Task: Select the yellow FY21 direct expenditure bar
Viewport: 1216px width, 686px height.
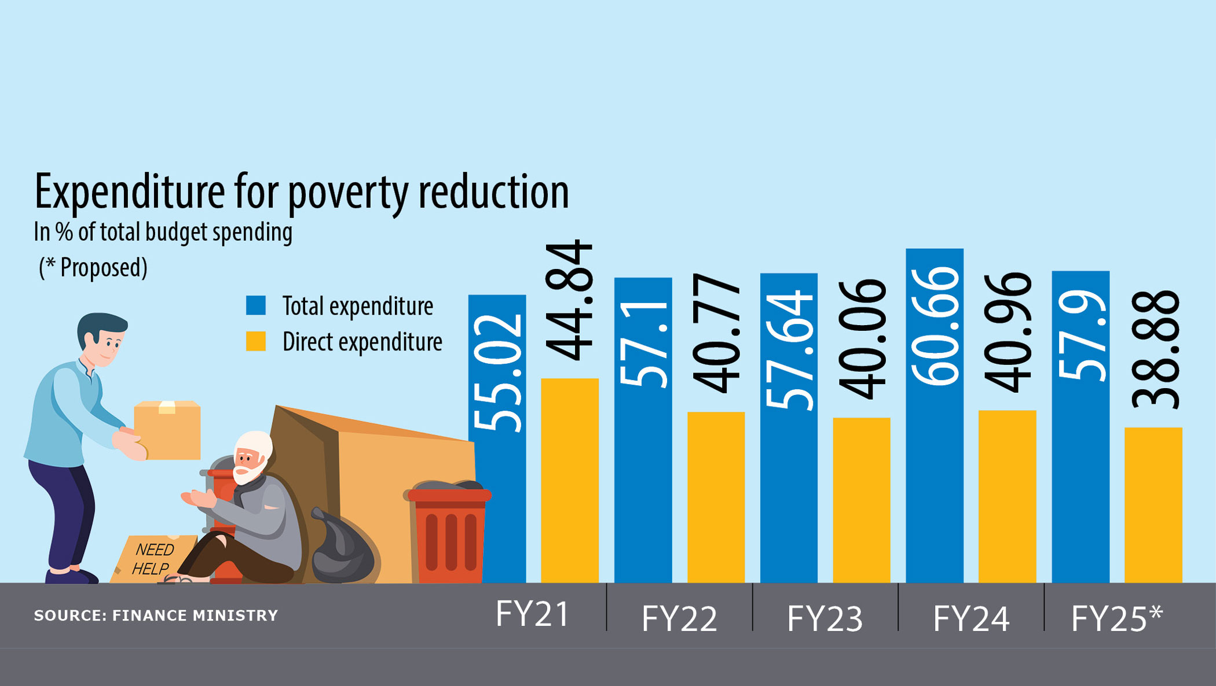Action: pyautogui.click(x=570, y=480)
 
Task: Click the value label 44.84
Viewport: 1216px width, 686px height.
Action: pyautogui.click(x=570, y=301)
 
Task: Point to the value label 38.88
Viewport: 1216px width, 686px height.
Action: pyautogui.click(x=1155, y=351)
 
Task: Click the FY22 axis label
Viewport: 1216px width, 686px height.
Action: pyautogui.click(x=679, y=618)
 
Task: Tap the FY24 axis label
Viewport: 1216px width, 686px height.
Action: pyautogui.click(x=971, y=618)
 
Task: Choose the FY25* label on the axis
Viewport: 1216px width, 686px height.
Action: pyautogui.click(x=1116, y=618)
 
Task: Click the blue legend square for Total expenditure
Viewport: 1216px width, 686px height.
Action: pyautogui.click(x=256, y=305)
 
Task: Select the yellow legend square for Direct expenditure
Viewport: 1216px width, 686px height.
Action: pyautogui.click(x=256, y=341)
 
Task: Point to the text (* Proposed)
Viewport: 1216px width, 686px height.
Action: pyautogui.click(x=93, y=268)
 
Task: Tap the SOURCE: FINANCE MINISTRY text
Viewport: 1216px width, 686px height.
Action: pyautogui.click(x=156, y=615)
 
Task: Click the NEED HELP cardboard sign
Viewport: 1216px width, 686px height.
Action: pyautogui.click(x=152, y=559)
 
